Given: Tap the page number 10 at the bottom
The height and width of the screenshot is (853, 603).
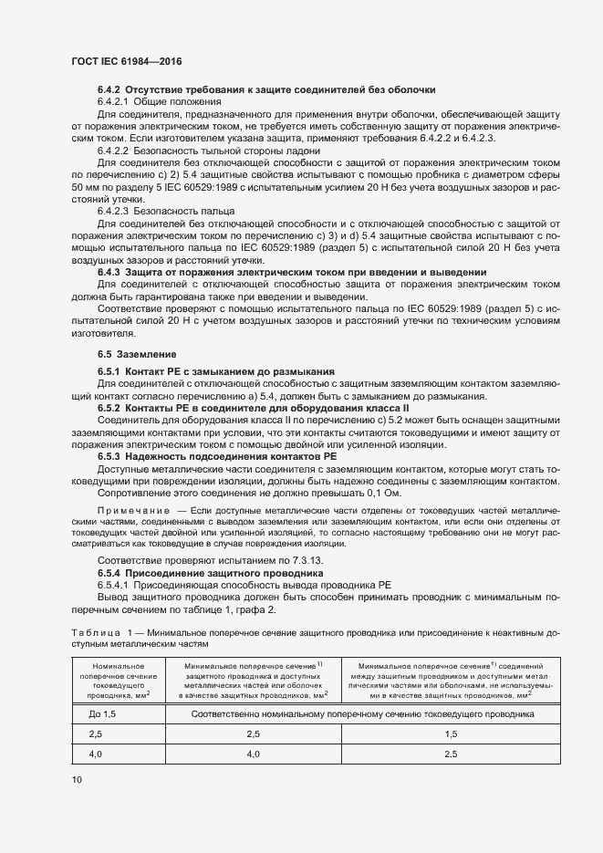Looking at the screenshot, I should point(76,779).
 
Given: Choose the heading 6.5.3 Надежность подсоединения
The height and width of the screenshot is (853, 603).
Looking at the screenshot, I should point(218,455).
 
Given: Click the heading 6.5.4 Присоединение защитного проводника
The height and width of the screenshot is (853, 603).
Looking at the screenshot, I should point(211,572).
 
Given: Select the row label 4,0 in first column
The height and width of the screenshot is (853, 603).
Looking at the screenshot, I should point(96,754).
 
